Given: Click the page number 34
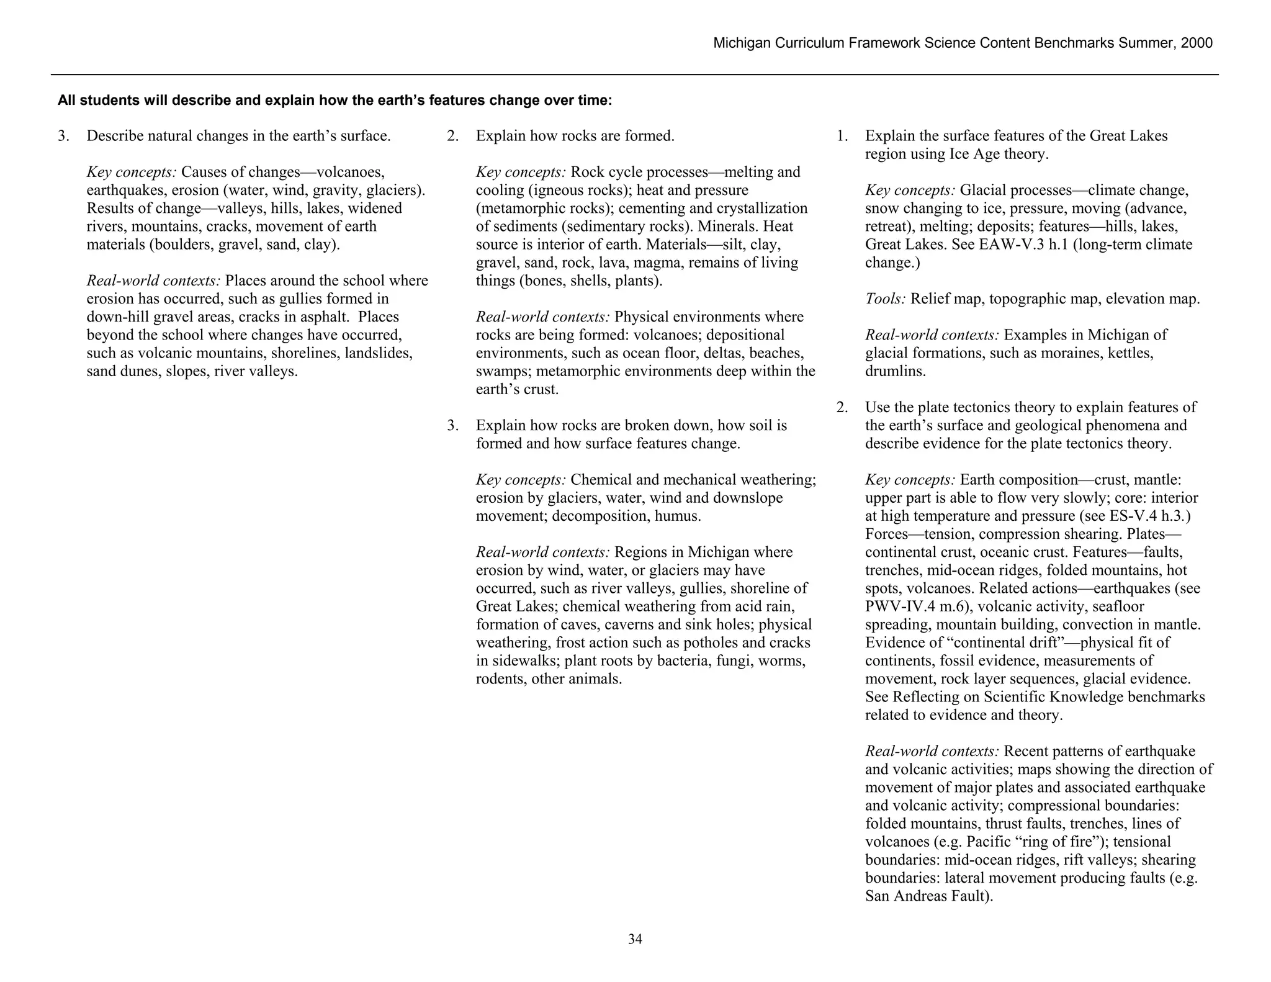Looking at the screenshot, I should click(x=635, y=939).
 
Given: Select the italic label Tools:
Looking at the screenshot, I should click(x=886, y=299).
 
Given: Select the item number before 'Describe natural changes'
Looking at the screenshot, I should click(x=63, y=136).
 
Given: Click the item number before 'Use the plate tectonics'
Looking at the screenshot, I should click(x=842, y=408).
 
